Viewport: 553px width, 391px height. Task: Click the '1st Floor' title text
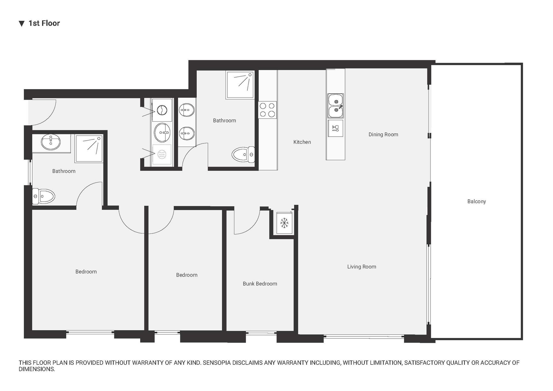point(44,23)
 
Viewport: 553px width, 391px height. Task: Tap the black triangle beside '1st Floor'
point(22,24)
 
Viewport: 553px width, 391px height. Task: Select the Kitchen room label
point(302,142)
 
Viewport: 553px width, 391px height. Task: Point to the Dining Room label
point(383,135)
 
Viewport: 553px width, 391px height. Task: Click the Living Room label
point(361,267)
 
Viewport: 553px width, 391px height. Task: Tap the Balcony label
point(476,201)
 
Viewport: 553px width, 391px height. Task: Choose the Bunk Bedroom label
point(260,284)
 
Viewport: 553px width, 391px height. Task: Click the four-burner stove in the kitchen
point(267,110)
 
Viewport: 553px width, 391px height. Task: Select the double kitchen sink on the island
point(336,106)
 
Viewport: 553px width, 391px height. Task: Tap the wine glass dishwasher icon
point(336,128)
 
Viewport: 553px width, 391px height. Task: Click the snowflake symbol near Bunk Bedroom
point(284,223)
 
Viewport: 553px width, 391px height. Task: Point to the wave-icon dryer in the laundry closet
point(162,155)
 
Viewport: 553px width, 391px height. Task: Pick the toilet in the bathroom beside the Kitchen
point(243,154)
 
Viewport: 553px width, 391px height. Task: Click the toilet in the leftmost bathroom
point(43,196)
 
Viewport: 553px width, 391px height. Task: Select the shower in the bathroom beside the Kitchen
point(240,85)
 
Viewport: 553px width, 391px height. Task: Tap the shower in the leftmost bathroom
point(89,149)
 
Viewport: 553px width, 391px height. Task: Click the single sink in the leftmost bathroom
point(51,142)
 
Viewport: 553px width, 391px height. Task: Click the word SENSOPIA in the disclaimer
point(217,363)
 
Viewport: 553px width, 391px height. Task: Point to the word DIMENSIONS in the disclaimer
point(37,369)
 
